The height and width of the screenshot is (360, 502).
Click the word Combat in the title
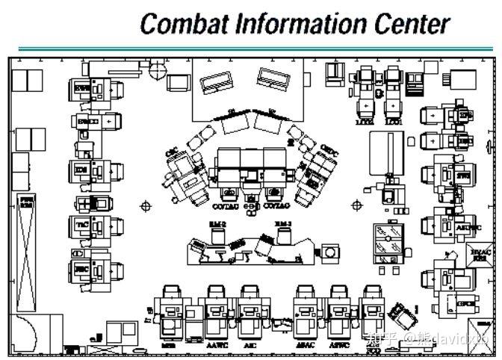click(x=183, y=24)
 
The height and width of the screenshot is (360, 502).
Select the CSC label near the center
click(x=171, y=154)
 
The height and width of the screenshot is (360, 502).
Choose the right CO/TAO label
click(x=277, y=205)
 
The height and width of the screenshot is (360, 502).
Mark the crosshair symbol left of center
click(x=146, y=205)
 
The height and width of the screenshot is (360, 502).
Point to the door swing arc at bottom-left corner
click(x=22, y=329)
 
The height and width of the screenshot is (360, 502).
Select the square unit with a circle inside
click(x=328, y=255)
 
